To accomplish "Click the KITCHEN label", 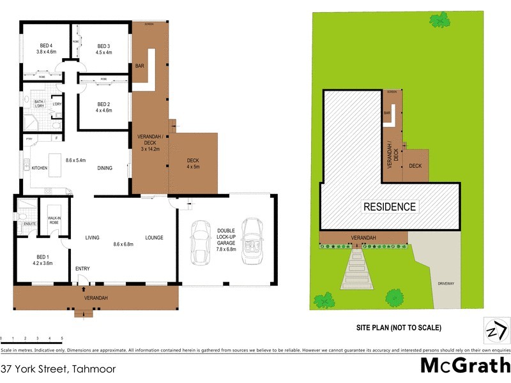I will (x=39, y=169).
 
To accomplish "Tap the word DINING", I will (x=105, y=169).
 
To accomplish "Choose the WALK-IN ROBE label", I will (x=54, y=220).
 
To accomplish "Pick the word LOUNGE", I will (x=155, y=237).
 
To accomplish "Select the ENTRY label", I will (x=82, y=269).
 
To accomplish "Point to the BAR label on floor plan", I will (x=139, y=66).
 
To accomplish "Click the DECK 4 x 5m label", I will (x=193, y=163).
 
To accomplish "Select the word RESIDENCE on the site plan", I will (x=390, y=206).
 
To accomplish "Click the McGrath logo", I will (x=464, y=366).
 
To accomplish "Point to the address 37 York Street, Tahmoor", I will (x=50, y=368).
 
